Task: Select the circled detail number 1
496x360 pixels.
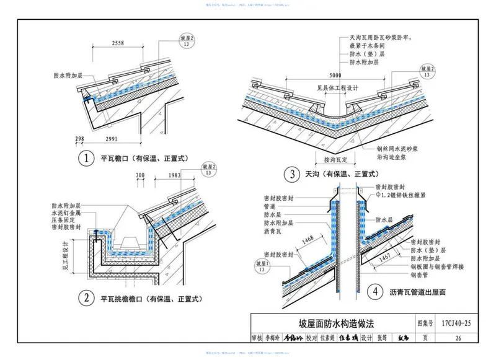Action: [89, 157]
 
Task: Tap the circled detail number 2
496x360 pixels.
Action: [89, 299]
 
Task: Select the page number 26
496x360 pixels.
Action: [458, 338]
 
